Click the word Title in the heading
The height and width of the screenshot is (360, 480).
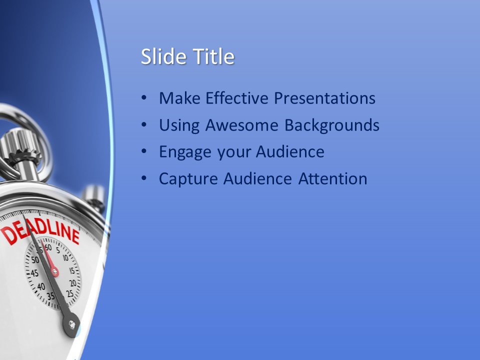(x=213, y=57)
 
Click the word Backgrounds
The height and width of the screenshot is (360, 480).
(x=332, y=125)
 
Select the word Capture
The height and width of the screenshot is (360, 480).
(x=188, y=178)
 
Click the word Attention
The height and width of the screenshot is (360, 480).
(x=333, y=178)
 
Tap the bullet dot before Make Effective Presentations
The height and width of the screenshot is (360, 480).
(x=144, y=98)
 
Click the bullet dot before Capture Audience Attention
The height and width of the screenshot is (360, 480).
(x=144, y=178)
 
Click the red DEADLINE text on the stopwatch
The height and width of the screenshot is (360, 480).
(x=40, y=230)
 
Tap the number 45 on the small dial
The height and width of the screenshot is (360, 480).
(x=34, y=273)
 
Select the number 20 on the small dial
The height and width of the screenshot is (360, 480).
(x=72, y=283)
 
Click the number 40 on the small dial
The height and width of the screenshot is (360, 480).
(x=40, y=286)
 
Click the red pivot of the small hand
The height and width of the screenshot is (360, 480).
(x=54, y=272)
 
